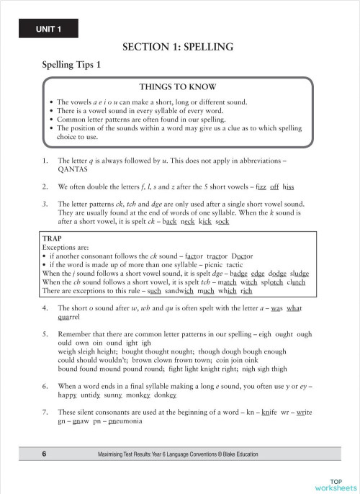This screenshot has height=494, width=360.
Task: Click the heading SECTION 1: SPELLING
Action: [x=178, y=48]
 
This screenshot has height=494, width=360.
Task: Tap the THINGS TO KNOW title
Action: [x=177, y=86]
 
